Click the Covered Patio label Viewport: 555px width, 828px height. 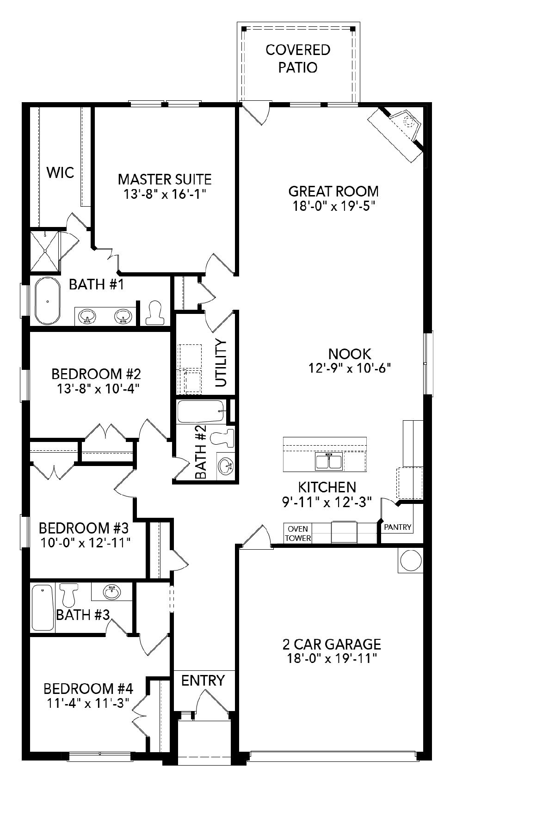[297, 59]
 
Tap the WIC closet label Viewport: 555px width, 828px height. [60, 173]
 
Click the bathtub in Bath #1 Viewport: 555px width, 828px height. [47, 301]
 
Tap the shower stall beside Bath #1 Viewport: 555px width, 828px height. [45, 251]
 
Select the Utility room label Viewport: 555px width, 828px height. [222, 363]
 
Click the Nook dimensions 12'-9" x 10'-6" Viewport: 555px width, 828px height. [350, 368]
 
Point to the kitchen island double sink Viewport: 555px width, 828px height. [329, 461]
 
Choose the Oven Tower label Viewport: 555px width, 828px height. [298, 534]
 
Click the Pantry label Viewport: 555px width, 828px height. [398, 527]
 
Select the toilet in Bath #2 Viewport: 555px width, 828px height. [223, 437]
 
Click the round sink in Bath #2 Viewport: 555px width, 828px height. [226, 466]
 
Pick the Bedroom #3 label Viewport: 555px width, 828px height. [84, 527]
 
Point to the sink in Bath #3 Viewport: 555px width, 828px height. [111, 591]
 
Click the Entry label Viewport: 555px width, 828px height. [203, 681]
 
